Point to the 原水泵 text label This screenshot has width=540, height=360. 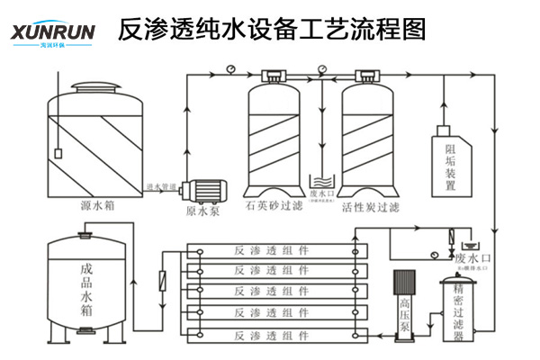(x=202, y=212)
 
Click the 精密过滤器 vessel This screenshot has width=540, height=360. (x=459, y=310)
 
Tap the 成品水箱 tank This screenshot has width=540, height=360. (x=85, y=288)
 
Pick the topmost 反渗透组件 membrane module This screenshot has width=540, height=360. (x=270, y=249)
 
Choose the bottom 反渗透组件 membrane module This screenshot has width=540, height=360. (x=270, y=336)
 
